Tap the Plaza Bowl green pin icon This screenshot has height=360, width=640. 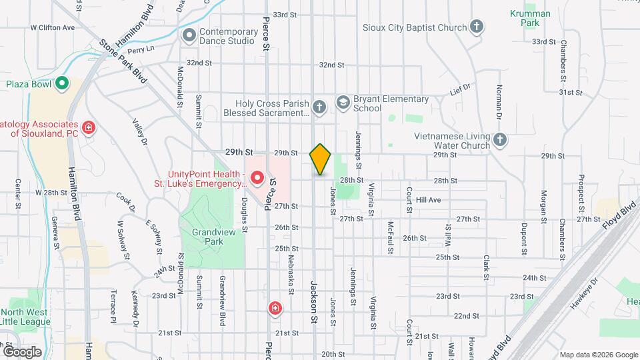62,84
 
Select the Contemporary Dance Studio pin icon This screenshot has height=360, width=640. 189,35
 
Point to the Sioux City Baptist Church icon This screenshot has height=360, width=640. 476,27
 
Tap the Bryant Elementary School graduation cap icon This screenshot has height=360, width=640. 343,103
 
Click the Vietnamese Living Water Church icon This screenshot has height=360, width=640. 501,140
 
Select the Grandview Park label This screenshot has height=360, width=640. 211,237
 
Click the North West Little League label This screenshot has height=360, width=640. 25,317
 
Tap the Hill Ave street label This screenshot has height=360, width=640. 428,199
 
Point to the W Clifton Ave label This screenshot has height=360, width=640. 53,28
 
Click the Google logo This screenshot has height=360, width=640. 22,351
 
